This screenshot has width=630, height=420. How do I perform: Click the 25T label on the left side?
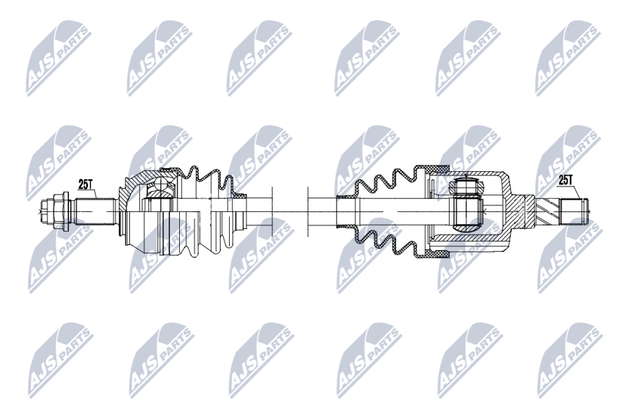(x=85, y=185)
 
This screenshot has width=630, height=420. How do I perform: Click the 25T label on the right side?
(x=566, y=179)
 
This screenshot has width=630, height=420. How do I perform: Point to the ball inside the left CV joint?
(x=158, y=191)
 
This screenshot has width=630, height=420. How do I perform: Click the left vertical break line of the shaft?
(x=272, y=211)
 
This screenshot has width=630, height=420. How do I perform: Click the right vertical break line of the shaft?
(x=307, y=211)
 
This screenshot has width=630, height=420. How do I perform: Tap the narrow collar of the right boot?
(x=345, y=211)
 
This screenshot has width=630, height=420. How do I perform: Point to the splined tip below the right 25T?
(x=574, y=211)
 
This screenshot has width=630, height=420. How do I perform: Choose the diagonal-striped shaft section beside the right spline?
(x=547, y=211)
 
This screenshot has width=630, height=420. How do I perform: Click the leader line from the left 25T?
(x=96, y=194)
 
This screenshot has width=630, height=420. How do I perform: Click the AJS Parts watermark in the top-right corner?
(x=568, y=58)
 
